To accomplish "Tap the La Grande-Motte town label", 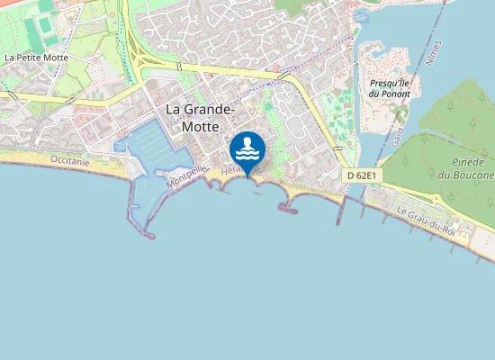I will click(200, 118).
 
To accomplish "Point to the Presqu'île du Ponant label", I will click(390, 87).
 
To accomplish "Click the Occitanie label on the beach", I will click(71, 160).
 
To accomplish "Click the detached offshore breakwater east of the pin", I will click(288, 209).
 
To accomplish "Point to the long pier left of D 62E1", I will click(342, 198).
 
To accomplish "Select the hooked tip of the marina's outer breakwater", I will click(148, 237).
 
